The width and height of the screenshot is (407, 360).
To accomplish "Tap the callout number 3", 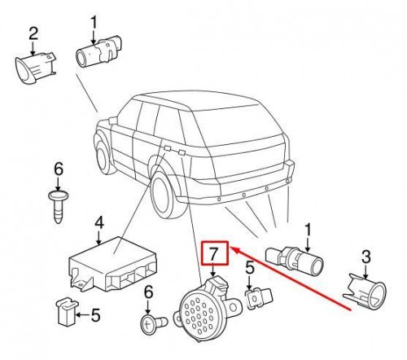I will click(365, 258).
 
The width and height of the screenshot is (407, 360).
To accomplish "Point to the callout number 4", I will click(98, 222).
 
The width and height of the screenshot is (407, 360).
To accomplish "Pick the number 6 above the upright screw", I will click(58, 169).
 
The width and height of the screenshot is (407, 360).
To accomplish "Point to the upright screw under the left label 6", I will click(59, 205).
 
